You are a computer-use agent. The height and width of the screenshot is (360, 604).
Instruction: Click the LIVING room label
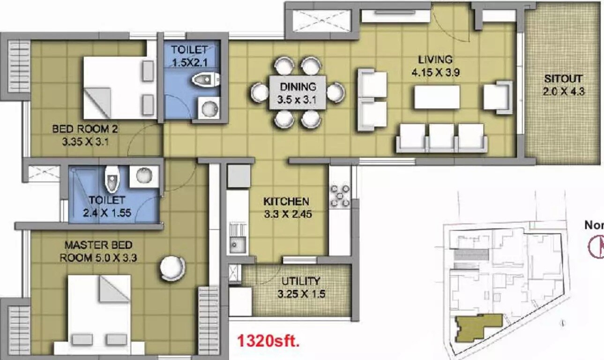(x=435, y=60)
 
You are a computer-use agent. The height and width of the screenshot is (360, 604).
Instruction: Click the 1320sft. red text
(x=268, y=341)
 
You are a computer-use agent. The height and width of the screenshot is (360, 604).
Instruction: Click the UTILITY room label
(x=301, y=281)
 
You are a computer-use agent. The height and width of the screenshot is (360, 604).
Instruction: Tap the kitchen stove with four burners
(x=340, y=195)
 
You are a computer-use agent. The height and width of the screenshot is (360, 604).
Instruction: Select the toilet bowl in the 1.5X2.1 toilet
(x=204, y=80)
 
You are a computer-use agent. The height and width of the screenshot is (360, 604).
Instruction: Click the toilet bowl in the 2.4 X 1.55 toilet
(x=112, y=180)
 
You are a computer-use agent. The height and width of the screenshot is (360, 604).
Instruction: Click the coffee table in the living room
(x=437, y=97)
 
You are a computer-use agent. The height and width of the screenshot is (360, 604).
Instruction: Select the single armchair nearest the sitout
(x=498, y=97)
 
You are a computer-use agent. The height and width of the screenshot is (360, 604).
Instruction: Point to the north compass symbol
(x=596, y=247)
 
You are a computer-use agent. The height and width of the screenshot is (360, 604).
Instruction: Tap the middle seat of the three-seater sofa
(x=441, y=137)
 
